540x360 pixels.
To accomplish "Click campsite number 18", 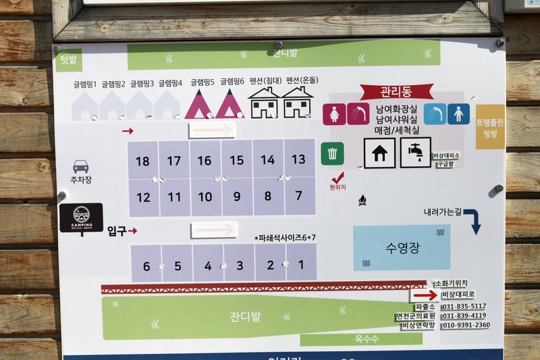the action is pos(142,161).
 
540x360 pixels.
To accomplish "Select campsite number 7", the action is pos(298,197).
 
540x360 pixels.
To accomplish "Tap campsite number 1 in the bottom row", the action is pos(301,265).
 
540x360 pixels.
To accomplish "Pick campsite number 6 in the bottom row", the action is pos(146,265).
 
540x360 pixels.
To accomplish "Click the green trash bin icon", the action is pos(332,153).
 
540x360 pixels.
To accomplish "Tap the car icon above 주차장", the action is pos(81,166).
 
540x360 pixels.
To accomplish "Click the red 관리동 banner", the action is pos(396,91).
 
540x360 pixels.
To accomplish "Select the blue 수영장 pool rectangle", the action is pos(401,247).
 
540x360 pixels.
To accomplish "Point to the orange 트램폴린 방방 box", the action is pos(490,126).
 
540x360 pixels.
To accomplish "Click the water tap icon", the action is pos(415,153).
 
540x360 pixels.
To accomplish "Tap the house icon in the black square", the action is pos(379,153).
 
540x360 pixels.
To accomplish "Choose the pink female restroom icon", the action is pos(334,114).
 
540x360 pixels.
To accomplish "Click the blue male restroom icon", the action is pos(458,113).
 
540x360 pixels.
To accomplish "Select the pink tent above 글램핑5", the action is pos(200,105).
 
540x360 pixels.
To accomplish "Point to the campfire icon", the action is pos(362,200).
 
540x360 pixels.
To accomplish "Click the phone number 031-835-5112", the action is pos(464,306).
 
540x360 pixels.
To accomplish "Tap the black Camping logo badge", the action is pos(81,217).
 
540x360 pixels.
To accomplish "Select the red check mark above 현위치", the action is pos(337,178).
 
